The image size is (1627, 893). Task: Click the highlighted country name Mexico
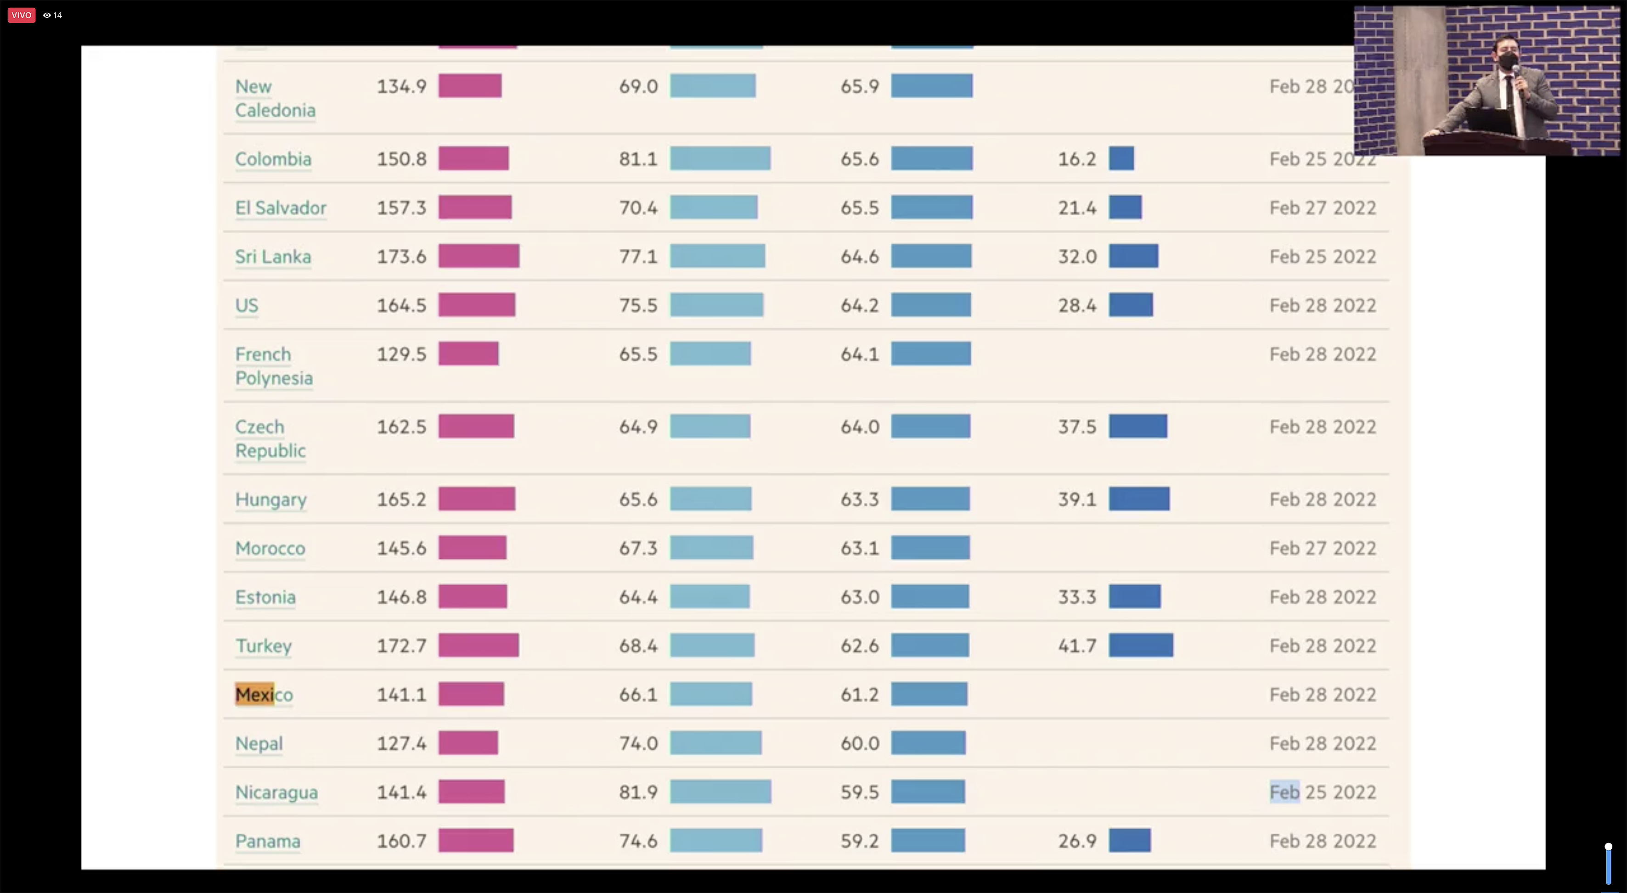point(264,694)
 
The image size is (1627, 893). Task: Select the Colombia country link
point(273,158)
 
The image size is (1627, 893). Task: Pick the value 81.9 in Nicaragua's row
point(638,792)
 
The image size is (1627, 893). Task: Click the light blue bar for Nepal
point(715,743)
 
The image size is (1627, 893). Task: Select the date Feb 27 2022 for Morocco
point(1323,548)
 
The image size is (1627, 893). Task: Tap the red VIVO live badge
point(21,15)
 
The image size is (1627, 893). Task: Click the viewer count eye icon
point(47,15)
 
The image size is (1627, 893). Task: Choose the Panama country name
point(268,841)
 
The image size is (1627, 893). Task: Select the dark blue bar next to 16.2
point(1121,158)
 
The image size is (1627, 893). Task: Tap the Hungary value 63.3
point(859,500)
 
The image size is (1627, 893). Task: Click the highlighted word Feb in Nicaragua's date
point(1284,792)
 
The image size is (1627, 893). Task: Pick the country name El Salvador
point(281,208)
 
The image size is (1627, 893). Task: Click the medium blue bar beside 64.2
point(930,305)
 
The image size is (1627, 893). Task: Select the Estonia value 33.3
point(1077,597)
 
